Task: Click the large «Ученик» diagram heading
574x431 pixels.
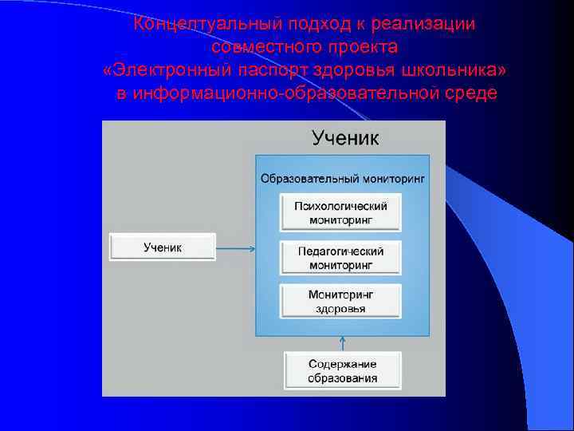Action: [x=345, y=137]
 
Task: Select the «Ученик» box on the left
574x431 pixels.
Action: [x=163, y=247]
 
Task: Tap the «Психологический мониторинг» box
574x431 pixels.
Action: [x=340, y=212]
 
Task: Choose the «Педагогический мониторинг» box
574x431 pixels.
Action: [x=340, y=257]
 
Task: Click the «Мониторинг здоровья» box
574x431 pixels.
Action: [x=340, y=301]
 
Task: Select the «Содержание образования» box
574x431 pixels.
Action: [x=343, y=371]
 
